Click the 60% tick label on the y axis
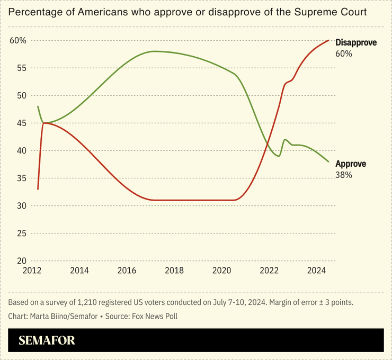tap(18, 41)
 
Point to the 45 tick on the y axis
tap(21, 123)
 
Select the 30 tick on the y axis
tap(21, 206)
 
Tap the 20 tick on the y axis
tap(21, 261)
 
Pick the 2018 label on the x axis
tap(174, 271)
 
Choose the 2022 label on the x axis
tap(269, 271)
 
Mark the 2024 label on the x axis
tap(317, 271)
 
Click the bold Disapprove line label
tap(356, 43)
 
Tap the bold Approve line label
tap(351, 164)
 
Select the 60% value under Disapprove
tap(344, 53)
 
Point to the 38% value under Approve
tap(344, 175)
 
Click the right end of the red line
tap(329, 40)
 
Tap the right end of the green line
tap(329, 161)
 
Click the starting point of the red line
tap(38, 189)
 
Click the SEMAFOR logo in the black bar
tap(47, 340)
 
